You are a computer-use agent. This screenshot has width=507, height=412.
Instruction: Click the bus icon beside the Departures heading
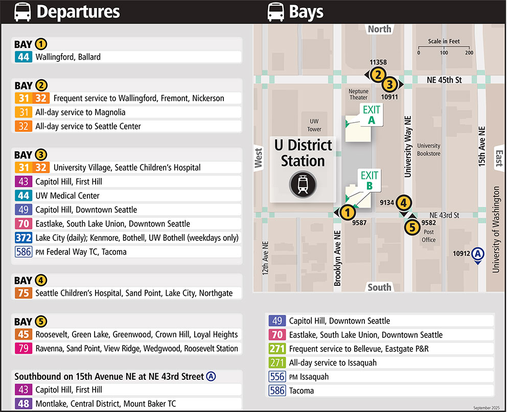(x=22, y=12)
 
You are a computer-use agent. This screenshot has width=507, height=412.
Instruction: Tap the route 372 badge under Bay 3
(x=24, y=238)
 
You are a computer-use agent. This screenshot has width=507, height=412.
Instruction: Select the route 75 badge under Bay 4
(x=24, y=293)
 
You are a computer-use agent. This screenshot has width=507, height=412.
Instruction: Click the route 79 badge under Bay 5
(x=24, y=348)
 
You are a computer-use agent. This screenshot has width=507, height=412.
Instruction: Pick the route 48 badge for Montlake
(x=24, y=403)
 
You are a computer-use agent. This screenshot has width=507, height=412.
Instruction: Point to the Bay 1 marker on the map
(x=347, y=212)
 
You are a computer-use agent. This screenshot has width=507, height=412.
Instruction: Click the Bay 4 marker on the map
(x=404, y=203)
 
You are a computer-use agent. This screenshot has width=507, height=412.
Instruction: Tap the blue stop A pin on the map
(x=477, y=254)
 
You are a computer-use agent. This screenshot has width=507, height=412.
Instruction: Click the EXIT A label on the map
(x=372, y=115)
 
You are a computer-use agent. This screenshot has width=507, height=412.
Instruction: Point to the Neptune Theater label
(x=358, y=95)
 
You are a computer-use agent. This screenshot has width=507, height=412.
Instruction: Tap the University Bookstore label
(x=428, y=149)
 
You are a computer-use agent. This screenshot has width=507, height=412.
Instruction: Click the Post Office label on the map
(x=429, y=236)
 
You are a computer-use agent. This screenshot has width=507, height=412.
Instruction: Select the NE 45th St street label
(x=444, y=80)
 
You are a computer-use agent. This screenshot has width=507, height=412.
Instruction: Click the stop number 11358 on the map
(x=378, y=62)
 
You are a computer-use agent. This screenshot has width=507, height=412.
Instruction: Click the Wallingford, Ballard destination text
(x=68, y=57)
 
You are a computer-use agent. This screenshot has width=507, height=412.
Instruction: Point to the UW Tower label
(x=314, y=125)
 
